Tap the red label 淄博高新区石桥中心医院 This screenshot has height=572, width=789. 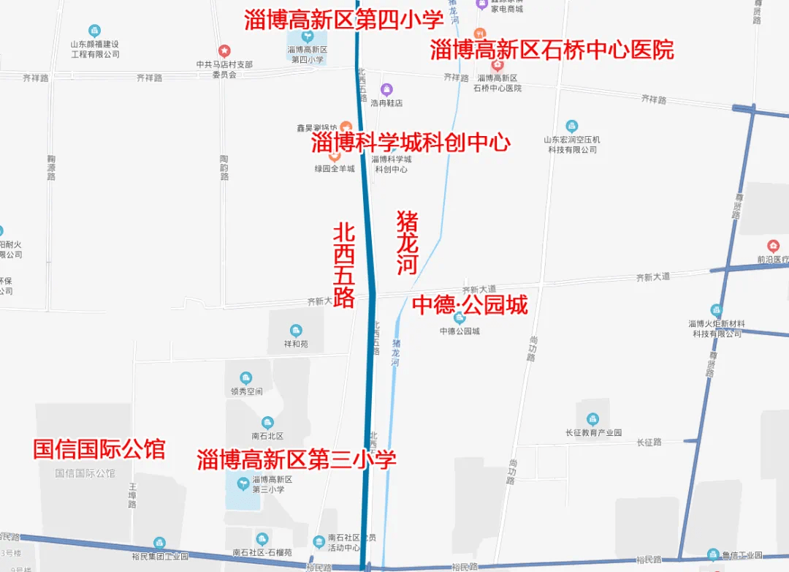point(552,50)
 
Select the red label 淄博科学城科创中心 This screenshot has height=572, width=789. point(411,142)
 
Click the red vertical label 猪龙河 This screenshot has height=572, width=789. point(407,243)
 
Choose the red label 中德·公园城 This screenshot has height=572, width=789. point(470,304)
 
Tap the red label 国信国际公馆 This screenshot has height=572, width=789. point(99,448)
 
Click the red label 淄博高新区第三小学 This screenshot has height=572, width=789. point(297,459)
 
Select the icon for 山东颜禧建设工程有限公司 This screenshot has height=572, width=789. point(94,31)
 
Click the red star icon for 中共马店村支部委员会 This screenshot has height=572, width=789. point(225,50)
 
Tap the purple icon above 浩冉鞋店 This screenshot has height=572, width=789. point(387,90)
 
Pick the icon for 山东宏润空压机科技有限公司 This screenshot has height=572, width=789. point(573,126)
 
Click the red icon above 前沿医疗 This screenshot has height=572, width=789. point(773,247)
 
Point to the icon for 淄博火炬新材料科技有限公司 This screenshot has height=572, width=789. point(716,310)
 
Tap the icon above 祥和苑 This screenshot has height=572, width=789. point(296,330)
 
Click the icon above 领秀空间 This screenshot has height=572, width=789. point(246,377)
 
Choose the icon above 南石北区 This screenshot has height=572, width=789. point(267,422)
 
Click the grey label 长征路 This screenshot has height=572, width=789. point(648,443)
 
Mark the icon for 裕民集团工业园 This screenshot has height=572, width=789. point(159,543)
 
